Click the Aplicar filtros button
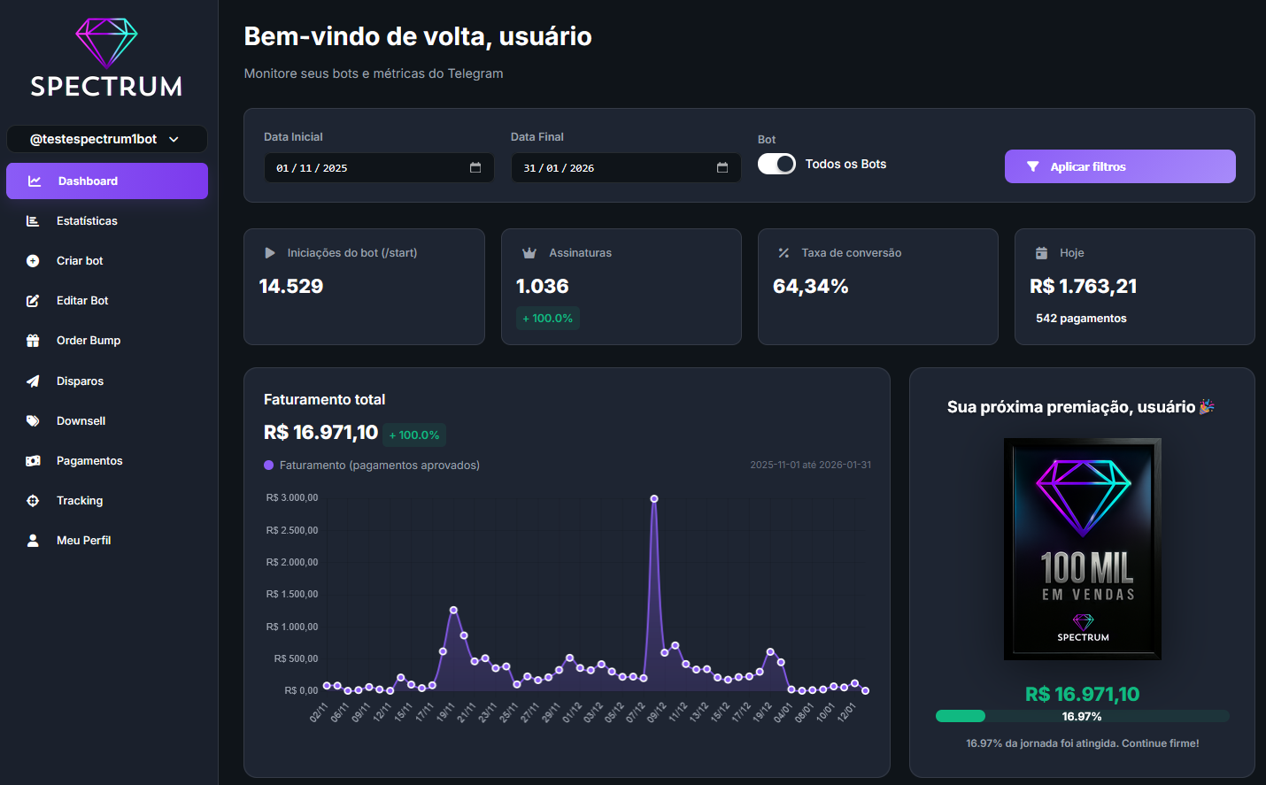click(x=1119, y=166)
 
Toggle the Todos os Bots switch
click(x=776, y=164)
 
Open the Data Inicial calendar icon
click(x=475, y=167)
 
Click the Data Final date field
click(x=611, y=168)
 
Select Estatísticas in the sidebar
click(x=87, y=221)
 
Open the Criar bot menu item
click(x=80, y=261)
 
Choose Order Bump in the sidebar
click(x=89, y=341)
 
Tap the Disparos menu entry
click(x=80, y=381)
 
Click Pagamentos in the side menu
click(x=89, y=461)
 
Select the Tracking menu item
click(x=80, y=501)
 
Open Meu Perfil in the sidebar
click(x=83, y=541)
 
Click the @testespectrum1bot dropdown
click(x=106, y=139)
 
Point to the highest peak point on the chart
click(x=654, y=499)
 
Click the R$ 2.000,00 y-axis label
click(x=292, y=562)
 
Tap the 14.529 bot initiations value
click(x=291, y=287)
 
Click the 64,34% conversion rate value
click(x=810, y=287)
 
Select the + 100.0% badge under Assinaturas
click(x=548, y=319)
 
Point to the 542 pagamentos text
click(x=1081, y=319)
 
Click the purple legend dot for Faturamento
click(x=269, y=466)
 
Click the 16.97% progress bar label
click(x=1082, y=717)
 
